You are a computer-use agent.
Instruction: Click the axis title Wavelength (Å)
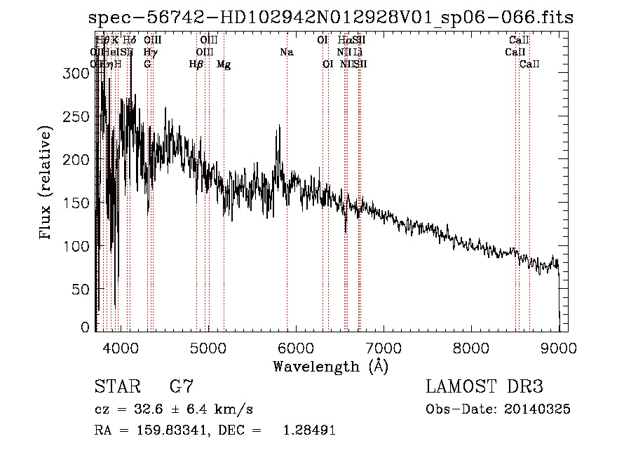[330, 366]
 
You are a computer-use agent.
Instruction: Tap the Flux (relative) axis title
[47, 184]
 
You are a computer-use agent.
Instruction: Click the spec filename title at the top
[331, 18]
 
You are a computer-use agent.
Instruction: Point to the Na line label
[286, 53]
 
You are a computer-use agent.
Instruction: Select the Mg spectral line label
[224, 64]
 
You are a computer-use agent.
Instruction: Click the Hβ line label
[196, 64]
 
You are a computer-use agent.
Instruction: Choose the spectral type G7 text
[182, 387]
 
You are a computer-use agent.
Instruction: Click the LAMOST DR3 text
[484, 387]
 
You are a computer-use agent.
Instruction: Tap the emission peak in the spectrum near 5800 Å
[279, 125]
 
